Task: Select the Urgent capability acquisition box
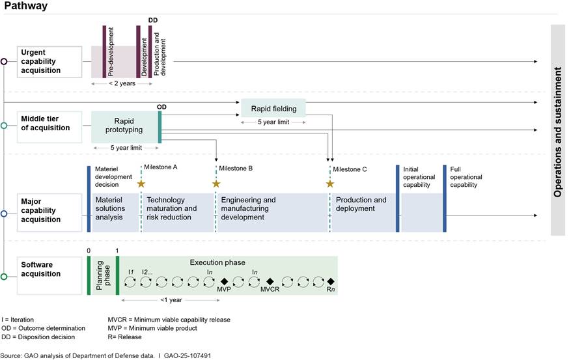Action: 49,61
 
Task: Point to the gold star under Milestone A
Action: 141,184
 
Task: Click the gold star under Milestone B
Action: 216,184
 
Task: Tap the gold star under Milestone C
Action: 329,184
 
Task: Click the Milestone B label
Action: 236,169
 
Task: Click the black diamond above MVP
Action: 224,281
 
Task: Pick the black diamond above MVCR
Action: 270,281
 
